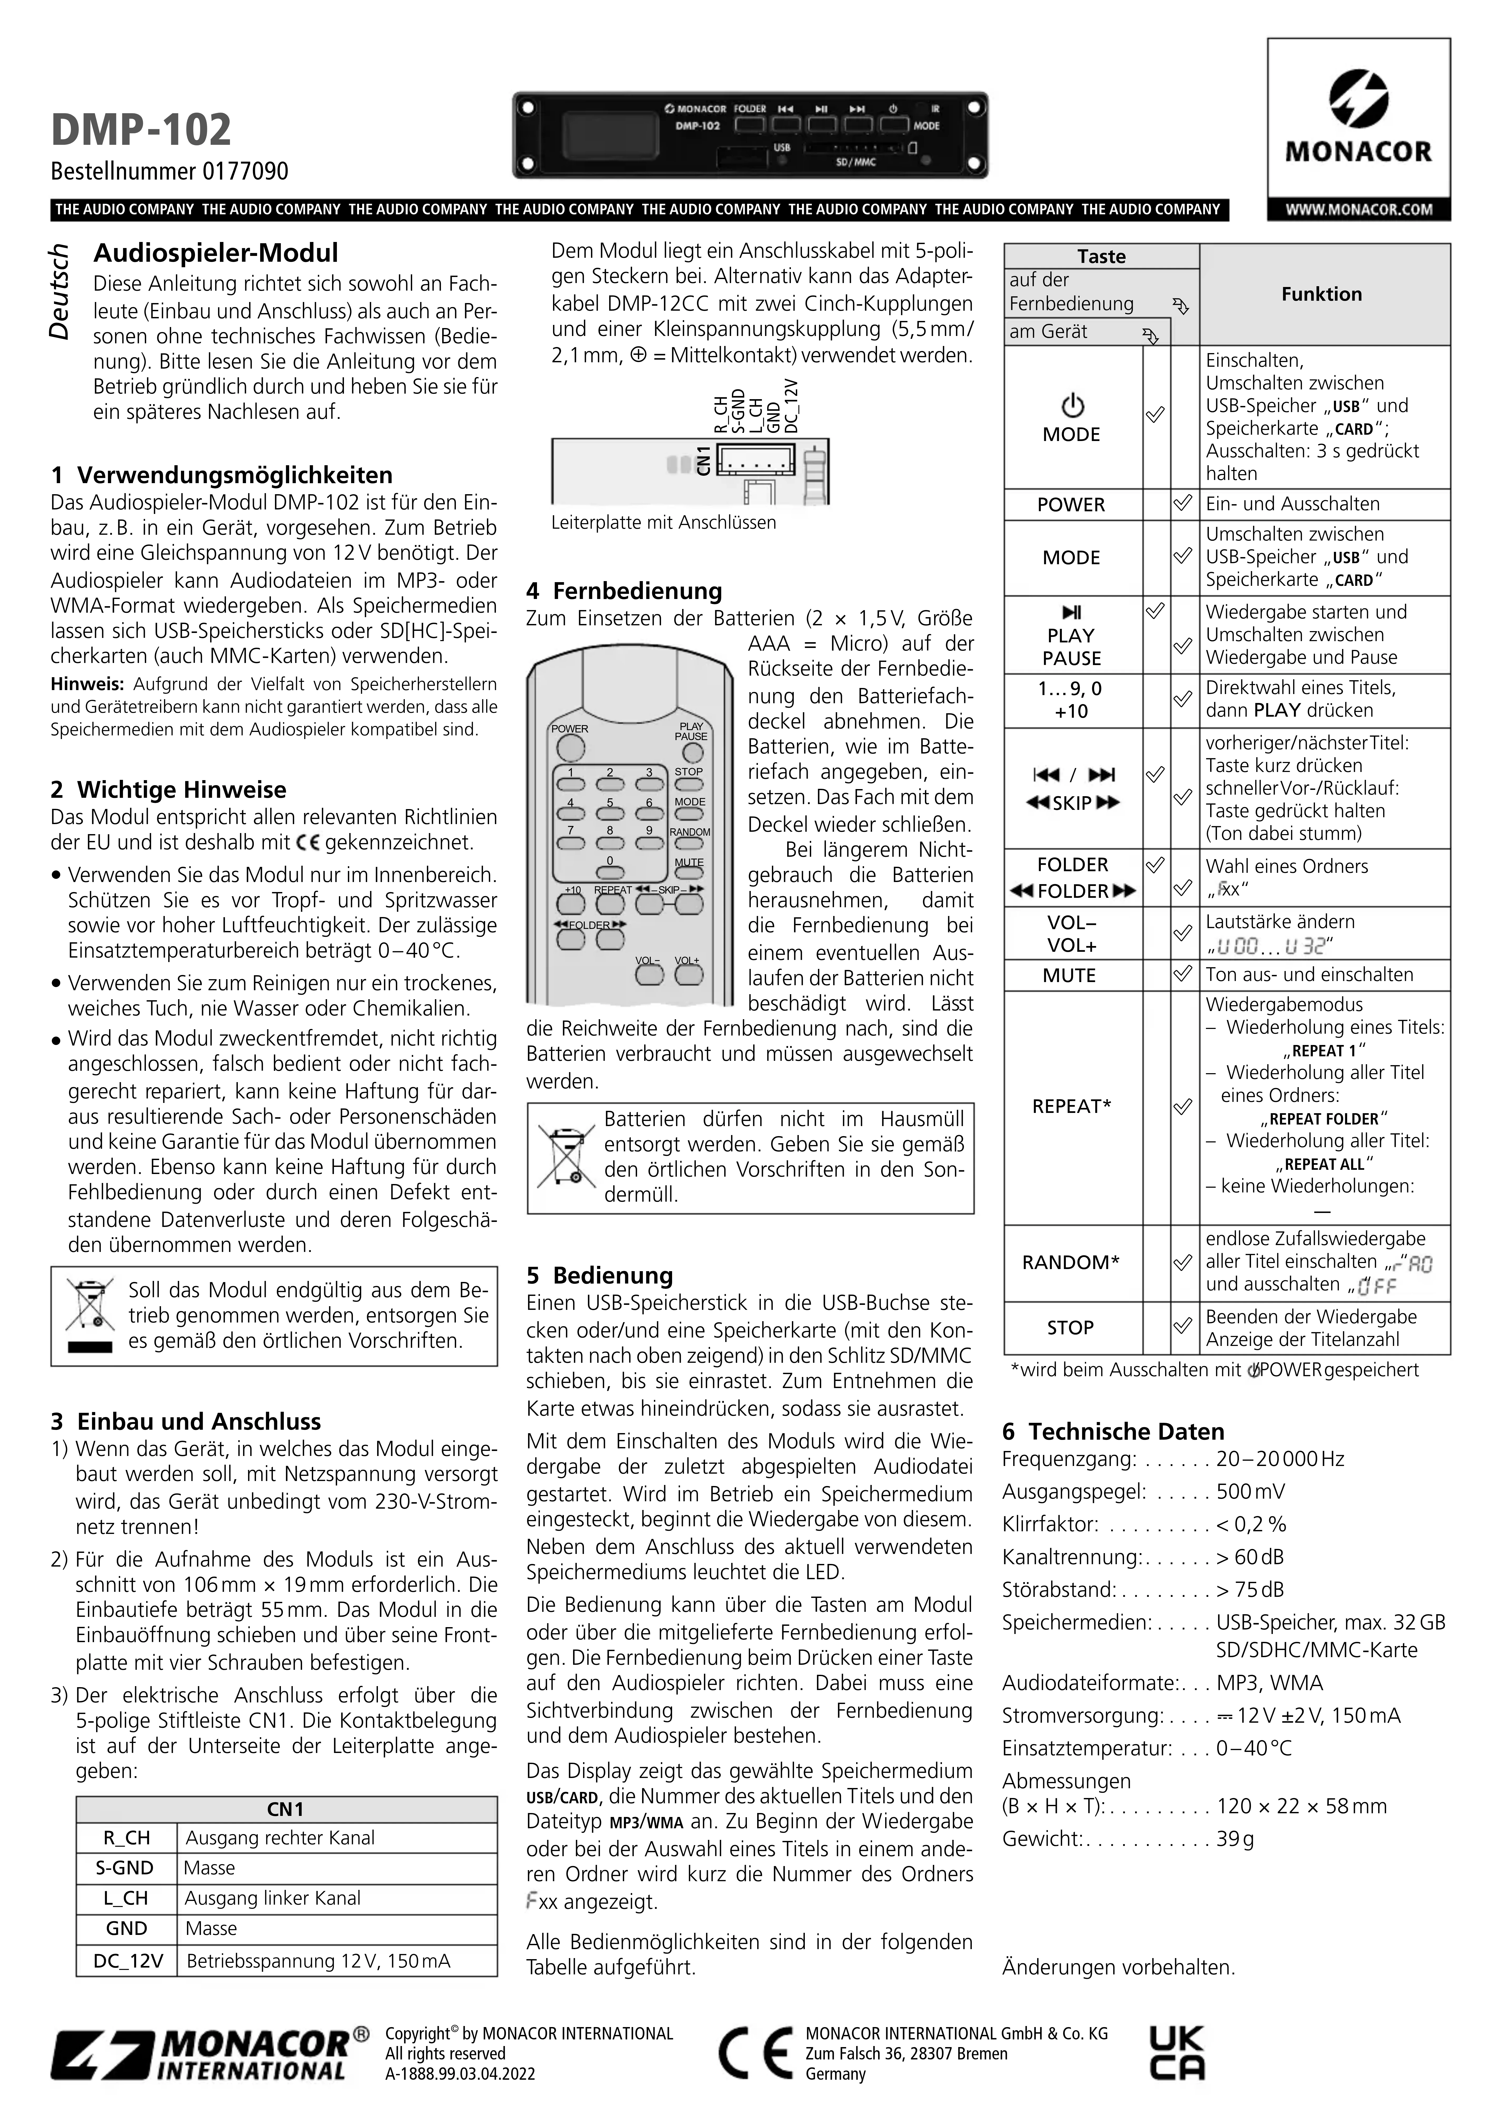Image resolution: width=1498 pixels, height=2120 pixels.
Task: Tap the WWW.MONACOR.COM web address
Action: (1358, 210)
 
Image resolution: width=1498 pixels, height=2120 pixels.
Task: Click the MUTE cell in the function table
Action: (1070, 975)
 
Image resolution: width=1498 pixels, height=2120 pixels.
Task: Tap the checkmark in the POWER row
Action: (1182, 504)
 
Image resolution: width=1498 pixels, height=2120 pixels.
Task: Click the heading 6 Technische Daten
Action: (1113, 1431)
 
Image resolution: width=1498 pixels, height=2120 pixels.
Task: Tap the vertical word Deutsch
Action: (59, 292)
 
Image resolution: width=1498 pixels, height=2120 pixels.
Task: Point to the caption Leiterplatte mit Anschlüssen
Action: (663, 523)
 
